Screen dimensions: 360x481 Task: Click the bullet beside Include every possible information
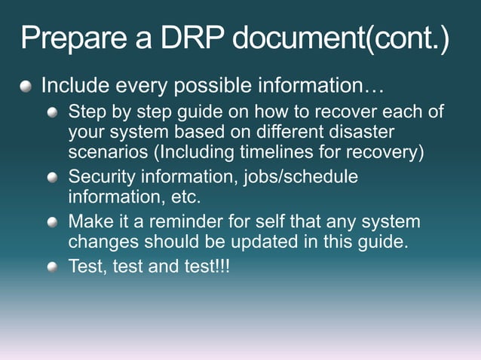click(x=27, y=87)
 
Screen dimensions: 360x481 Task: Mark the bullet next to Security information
click(x=52, y=178)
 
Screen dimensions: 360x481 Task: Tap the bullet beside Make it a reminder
click(x=52, y=224)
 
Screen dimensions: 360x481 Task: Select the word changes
click(x=98, y=243)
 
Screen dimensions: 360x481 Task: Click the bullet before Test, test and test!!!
click(x=52, y=267)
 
